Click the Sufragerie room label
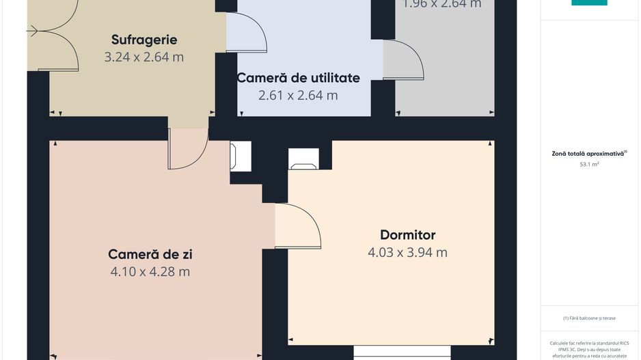144,40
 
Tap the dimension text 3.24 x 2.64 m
144,57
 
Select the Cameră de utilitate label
298,78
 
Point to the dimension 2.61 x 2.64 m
298,96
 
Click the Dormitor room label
407,235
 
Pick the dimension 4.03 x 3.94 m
407,252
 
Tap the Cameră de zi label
150,254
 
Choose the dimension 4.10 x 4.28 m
150,272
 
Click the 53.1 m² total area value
589,165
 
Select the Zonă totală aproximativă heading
589,154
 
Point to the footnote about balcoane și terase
589,318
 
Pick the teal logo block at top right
589,3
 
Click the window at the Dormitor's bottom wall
402,351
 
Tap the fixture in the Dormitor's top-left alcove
304,158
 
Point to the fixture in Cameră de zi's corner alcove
241,156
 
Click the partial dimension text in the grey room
441,4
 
